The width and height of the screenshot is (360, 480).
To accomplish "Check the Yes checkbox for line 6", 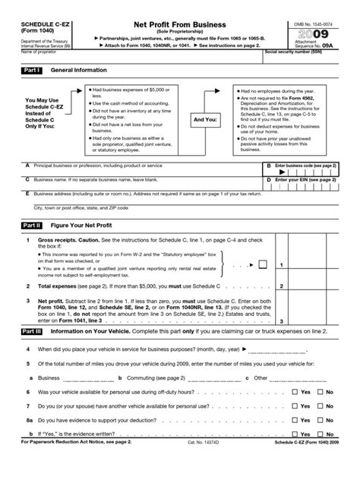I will pyautogui.click(x=295, y=392).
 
